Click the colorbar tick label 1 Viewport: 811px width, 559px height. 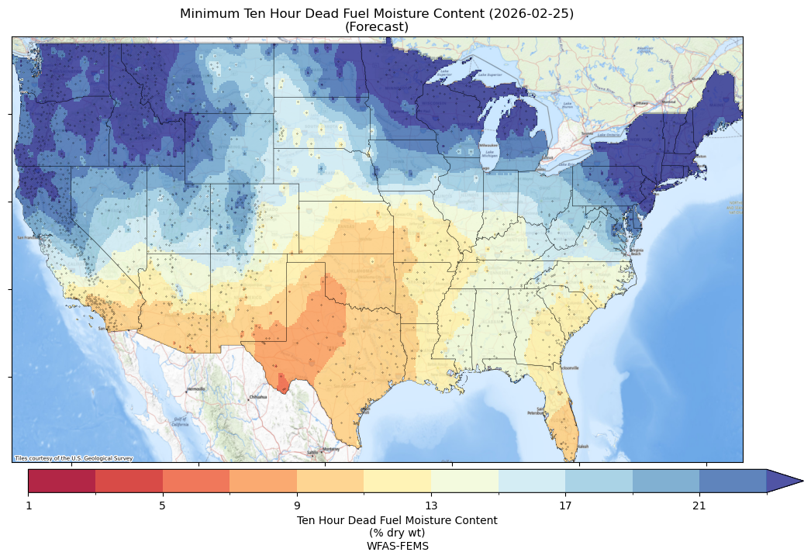(x=29, y=506)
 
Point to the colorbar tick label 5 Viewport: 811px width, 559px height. (x=162, y=506)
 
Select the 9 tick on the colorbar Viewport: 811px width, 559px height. (x=297, y=506)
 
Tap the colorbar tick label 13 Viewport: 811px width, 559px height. (x=431, y=506)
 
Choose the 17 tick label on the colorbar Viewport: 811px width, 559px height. (x=565, y=506)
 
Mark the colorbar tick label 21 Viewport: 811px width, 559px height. (x=699, y=506)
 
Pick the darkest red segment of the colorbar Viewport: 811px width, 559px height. (x=62, y=481)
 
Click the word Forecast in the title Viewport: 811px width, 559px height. (x=377, y=27)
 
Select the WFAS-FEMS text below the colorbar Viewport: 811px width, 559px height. (x=397, y=545)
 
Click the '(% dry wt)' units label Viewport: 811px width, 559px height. (x=397, y=533)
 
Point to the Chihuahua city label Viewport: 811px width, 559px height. (x=257, y=397)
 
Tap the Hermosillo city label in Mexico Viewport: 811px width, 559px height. (x=195, y=388)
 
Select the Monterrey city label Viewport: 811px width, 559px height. (x=332, y=449)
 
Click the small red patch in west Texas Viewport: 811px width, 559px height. (x=282, y=384)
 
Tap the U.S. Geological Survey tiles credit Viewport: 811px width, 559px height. (x=74, y=458)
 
